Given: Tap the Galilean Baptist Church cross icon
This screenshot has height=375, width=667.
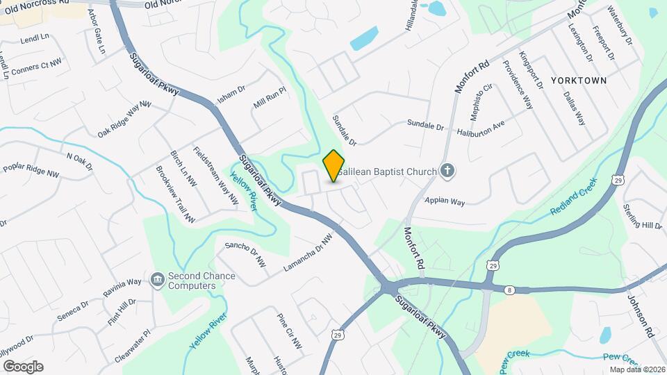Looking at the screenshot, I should click(x=447, y=171).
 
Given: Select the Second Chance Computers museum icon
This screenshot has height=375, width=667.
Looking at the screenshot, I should click(x=157, y=280).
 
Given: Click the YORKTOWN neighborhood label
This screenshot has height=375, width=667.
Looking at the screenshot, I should click(x=579, y=81).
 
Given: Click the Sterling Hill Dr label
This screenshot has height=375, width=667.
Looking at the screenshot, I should click(x=643, y=216).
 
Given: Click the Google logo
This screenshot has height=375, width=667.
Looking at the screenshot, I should click(x=23, y=366).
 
